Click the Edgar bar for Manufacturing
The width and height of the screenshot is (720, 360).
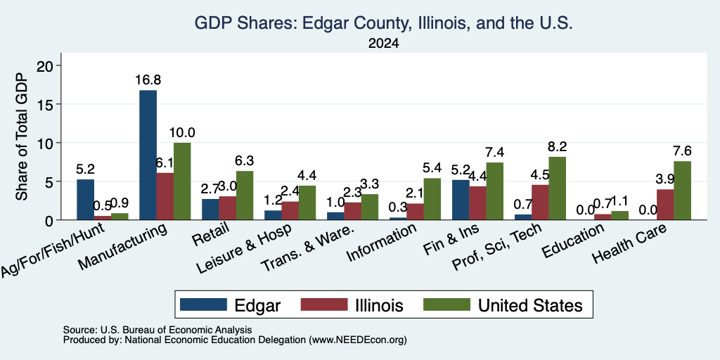(x=148, y=155)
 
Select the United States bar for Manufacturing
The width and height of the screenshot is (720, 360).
(x=182, y=181)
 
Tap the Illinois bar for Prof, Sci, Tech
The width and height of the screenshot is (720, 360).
(x=541, y=202)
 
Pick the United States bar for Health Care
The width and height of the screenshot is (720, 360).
(x=682, y=191)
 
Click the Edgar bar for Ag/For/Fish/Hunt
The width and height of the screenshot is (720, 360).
(x=85, y=200)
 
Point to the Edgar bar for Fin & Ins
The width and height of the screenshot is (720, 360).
(x=461, y=200)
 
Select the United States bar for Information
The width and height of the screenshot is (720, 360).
(x=432, y=199)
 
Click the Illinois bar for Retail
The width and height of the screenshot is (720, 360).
(x=227, y=208)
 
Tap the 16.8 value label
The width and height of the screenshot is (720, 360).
(x=148, y=80)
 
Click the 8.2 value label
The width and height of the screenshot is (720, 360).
(x=558, y=146)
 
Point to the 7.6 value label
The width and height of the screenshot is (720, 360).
(x=682, y=151)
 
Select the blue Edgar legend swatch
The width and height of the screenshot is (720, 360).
(x=203, y=304)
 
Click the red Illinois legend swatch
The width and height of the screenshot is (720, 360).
(x=324, y=304)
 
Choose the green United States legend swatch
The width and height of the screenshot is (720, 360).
(x=446, y=304)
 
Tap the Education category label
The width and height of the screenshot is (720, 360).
(x=572, y=241)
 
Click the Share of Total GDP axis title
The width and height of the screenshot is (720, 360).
(x=22, y=136)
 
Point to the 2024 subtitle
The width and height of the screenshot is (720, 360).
(x=383, y=44)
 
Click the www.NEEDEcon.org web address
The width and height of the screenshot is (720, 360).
(x=358, y=340)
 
